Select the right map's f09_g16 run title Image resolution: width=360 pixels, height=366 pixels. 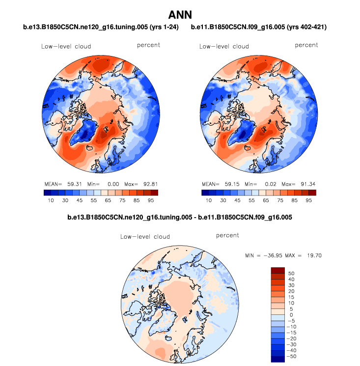[x=258, y=28]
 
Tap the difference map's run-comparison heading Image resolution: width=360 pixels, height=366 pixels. [x=180, y=217]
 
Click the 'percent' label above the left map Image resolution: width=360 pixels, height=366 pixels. [x=148, y=45]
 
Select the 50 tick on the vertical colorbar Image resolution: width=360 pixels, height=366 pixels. [x=291, y=273]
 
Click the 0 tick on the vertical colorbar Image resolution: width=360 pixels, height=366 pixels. [x=291, y=315]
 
